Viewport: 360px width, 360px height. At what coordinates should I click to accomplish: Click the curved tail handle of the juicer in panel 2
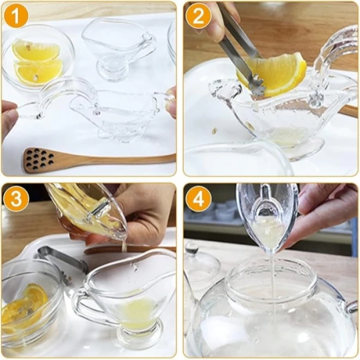334,51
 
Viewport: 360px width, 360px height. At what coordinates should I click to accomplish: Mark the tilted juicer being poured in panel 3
87,211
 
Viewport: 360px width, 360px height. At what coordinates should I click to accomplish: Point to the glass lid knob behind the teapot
192,250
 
